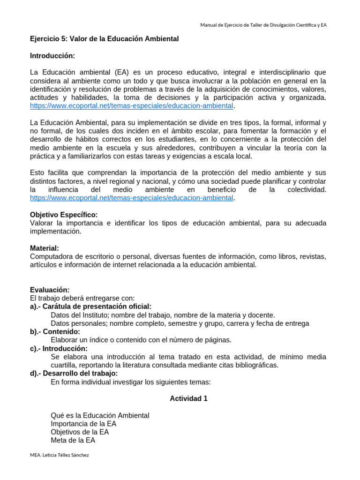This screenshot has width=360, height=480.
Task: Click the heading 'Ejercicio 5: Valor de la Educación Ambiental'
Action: point(104,39)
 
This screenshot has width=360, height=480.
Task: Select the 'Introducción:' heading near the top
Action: point(52,56)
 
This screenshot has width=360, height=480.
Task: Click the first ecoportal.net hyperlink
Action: point(131,106)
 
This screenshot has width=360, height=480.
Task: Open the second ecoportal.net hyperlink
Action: point(131,198)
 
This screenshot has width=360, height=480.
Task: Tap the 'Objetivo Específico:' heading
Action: point(64,215)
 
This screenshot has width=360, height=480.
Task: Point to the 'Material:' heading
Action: point(45,248)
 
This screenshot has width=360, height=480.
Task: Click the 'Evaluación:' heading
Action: point(50,290)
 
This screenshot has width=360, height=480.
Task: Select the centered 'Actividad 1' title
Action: point(188,398)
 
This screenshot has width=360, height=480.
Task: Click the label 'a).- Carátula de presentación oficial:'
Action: point(90,307)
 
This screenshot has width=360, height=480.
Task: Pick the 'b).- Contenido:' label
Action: point(55,332)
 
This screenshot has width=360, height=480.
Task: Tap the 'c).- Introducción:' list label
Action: point(59,348)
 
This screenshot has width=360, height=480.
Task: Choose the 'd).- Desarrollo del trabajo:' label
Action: point(74,374)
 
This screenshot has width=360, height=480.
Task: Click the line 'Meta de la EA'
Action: point(73,441)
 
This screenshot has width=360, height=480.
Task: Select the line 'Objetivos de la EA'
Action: point(80,432)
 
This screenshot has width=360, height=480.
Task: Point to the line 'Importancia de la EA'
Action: point(83,424)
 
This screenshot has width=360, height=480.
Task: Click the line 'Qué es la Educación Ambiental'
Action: point(100,415)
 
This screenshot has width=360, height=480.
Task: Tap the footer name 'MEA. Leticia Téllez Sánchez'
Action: point(59,455)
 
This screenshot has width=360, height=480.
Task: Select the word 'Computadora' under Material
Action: point(50,256)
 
